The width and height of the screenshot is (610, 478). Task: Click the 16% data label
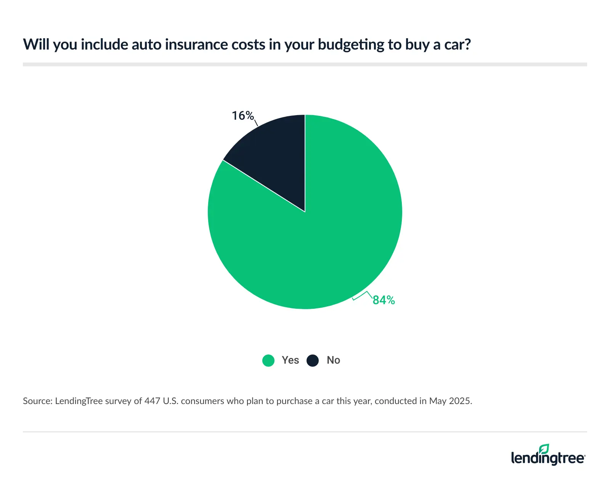(x=243, y=115)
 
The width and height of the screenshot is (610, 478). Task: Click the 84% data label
(x=384, y=300)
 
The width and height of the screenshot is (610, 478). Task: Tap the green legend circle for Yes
(x=268, y=360)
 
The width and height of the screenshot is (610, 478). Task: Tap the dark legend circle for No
(x=313, y=360)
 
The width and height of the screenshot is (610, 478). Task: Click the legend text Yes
(x=290, y=360)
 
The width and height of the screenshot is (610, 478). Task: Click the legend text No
(x=333, y=360)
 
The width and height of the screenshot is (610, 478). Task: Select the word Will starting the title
(x=37, y=45)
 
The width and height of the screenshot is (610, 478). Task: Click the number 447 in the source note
(x=152, y=401)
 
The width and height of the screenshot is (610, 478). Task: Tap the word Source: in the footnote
(x=37, y=401)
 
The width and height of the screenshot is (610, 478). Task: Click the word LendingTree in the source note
(x=79, y=401)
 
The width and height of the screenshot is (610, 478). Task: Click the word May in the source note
(x=438, y=401)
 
